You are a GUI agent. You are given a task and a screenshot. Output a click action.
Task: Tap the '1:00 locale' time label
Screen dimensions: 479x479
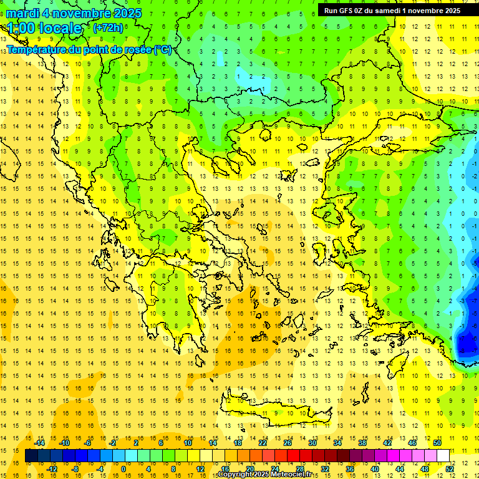point(44,28)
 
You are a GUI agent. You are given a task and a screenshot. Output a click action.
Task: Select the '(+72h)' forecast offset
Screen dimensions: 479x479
point(108,28)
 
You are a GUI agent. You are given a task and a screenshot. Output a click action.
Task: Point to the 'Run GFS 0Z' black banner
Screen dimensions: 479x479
point(392,10)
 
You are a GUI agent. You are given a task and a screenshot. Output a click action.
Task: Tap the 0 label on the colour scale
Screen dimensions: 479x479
point(123,469)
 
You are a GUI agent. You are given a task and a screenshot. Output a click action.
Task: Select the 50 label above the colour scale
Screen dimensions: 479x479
point(437,443)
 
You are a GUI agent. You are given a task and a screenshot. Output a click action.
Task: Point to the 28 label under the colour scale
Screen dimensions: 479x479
point(300,469)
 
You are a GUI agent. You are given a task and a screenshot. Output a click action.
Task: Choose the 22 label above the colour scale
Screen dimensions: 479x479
point(263,443)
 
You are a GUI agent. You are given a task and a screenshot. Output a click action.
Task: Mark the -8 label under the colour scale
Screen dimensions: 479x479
point(75,469)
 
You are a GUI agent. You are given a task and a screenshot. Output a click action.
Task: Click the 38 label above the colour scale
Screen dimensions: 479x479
point(362,443)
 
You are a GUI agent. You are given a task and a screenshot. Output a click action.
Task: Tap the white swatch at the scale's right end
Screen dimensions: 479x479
point(443,456)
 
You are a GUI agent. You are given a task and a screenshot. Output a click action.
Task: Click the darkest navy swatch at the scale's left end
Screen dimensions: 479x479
point(31,456)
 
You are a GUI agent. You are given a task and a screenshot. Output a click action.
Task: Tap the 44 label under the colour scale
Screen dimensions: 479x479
point(400,469)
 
